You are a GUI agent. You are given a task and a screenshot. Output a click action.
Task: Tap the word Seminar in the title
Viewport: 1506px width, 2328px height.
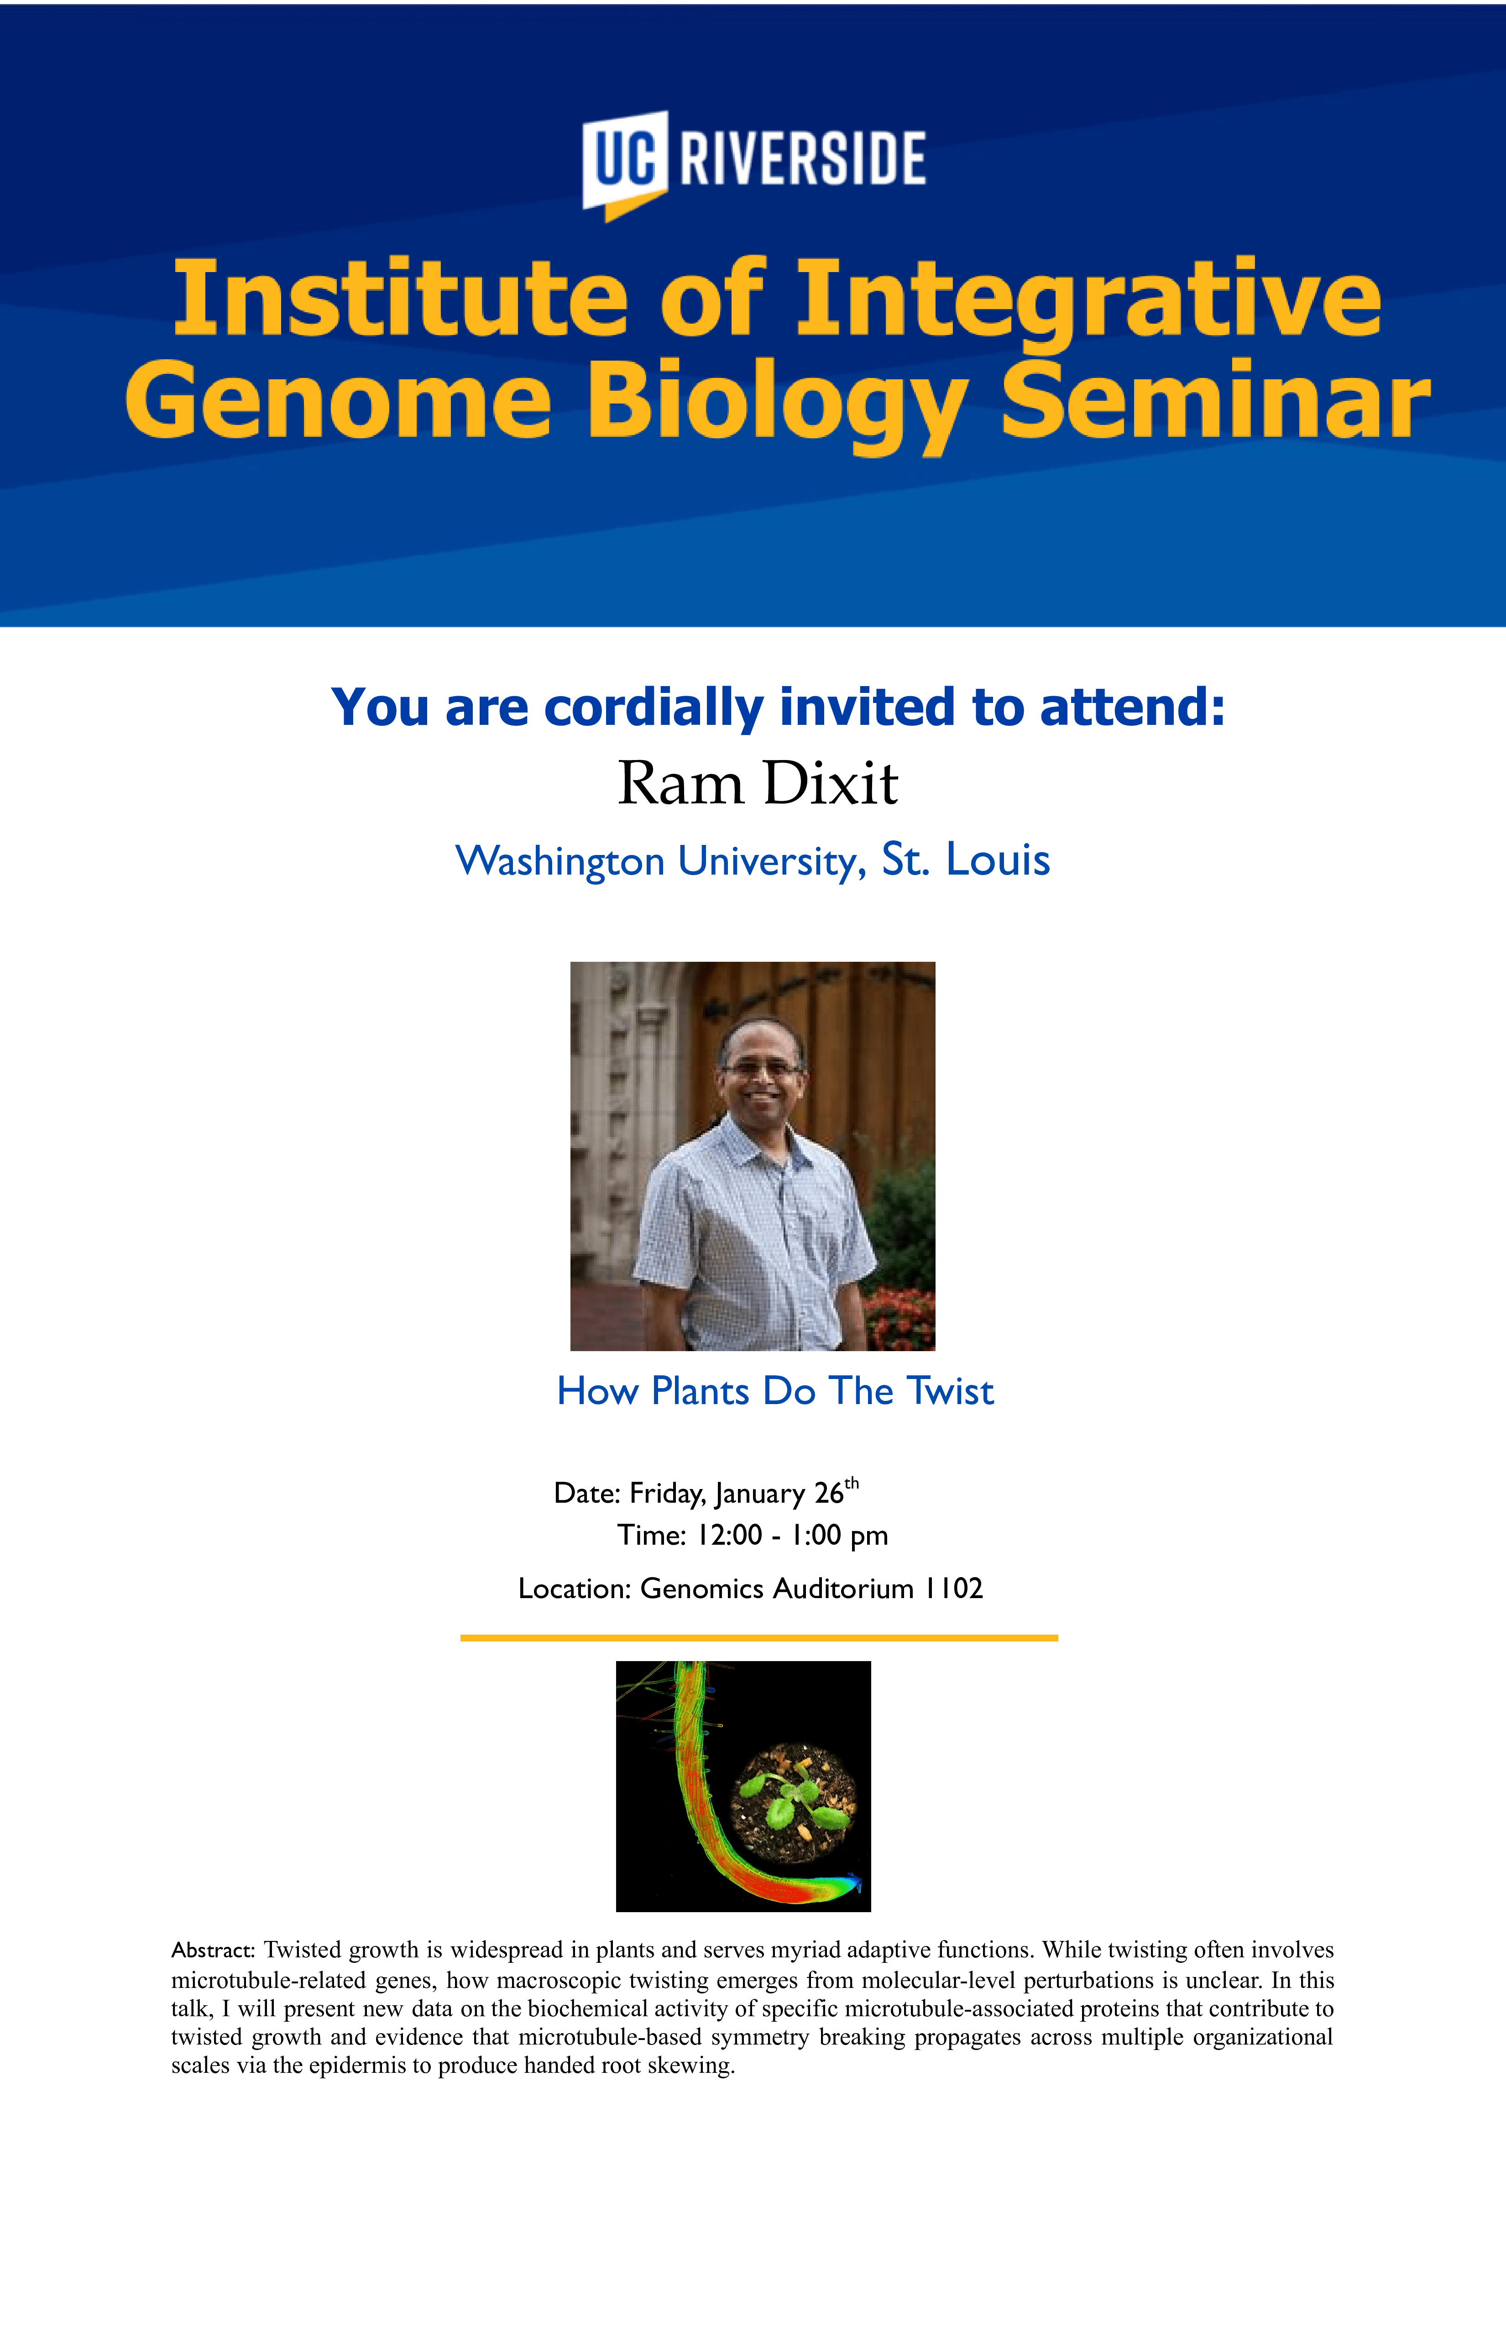(x=1216, y=399)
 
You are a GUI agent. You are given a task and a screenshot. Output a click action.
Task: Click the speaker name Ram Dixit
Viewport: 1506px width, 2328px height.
(x=758, y=783)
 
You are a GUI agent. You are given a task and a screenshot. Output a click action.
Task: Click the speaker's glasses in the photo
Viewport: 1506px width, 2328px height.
(x=760, y=1069)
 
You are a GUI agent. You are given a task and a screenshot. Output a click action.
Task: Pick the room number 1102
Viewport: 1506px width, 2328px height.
(x=953, y=1588)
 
